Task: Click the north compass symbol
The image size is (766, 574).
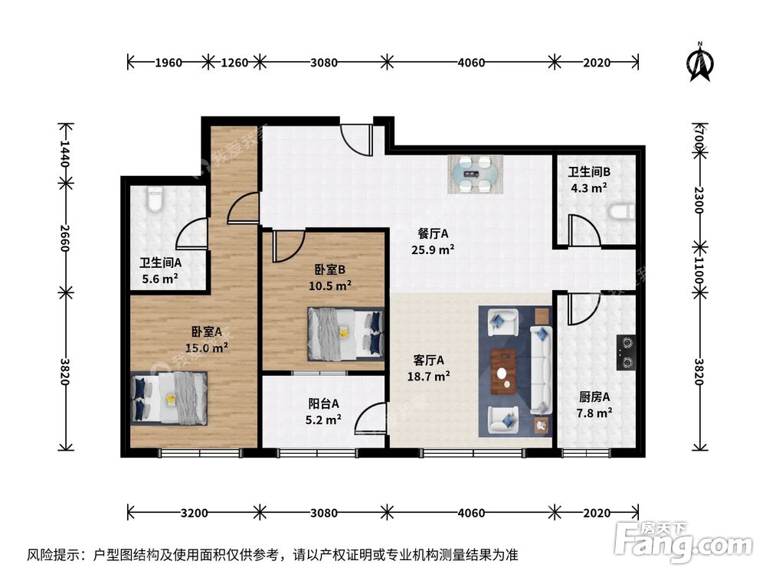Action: coord(700,62)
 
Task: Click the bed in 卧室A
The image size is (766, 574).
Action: coord(169,397)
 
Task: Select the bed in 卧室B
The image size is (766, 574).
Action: coord(345,332)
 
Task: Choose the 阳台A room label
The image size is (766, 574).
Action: coord(323,404)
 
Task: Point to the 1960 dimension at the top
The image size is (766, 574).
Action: coord(167,63)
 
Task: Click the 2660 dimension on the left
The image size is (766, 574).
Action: coord(65,236)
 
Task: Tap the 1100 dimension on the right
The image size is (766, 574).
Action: coord(699,271)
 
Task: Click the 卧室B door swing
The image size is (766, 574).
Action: coord(287,244)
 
